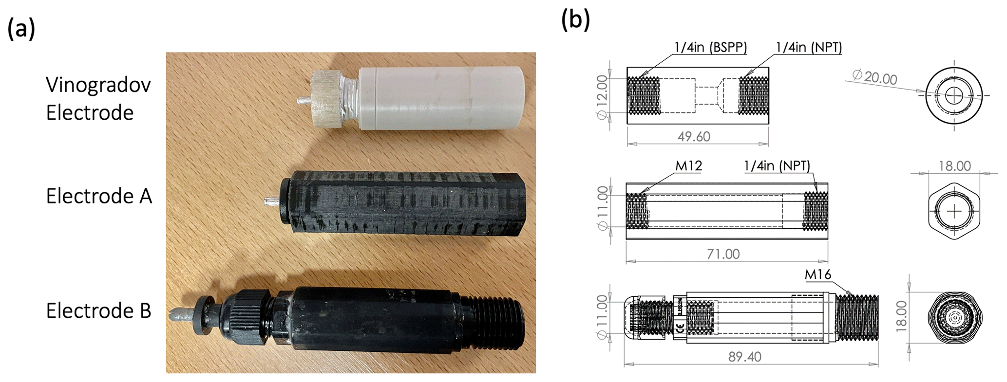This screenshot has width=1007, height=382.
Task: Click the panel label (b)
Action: coord(575,20)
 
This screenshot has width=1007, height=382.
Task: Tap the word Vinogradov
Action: coord(98,85)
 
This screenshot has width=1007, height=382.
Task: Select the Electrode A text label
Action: coord(99,196)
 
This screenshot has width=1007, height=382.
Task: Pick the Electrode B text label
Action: coord(98,310)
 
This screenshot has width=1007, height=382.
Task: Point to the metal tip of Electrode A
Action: coord(271,200)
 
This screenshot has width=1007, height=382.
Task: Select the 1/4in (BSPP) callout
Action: coord(710,47)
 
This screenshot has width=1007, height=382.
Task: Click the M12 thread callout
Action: coord(688,166)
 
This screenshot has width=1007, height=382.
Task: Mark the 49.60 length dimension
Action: coord(694,137)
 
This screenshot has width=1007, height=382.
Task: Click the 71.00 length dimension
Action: coord(723,254)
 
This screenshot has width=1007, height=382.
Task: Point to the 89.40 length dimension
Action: coord(744,357)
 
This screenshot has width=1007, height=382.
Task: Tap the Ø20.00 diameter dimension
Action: coord(875,77)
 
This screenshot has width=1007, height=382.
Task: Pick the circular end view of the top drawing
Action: coord(954,96)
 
